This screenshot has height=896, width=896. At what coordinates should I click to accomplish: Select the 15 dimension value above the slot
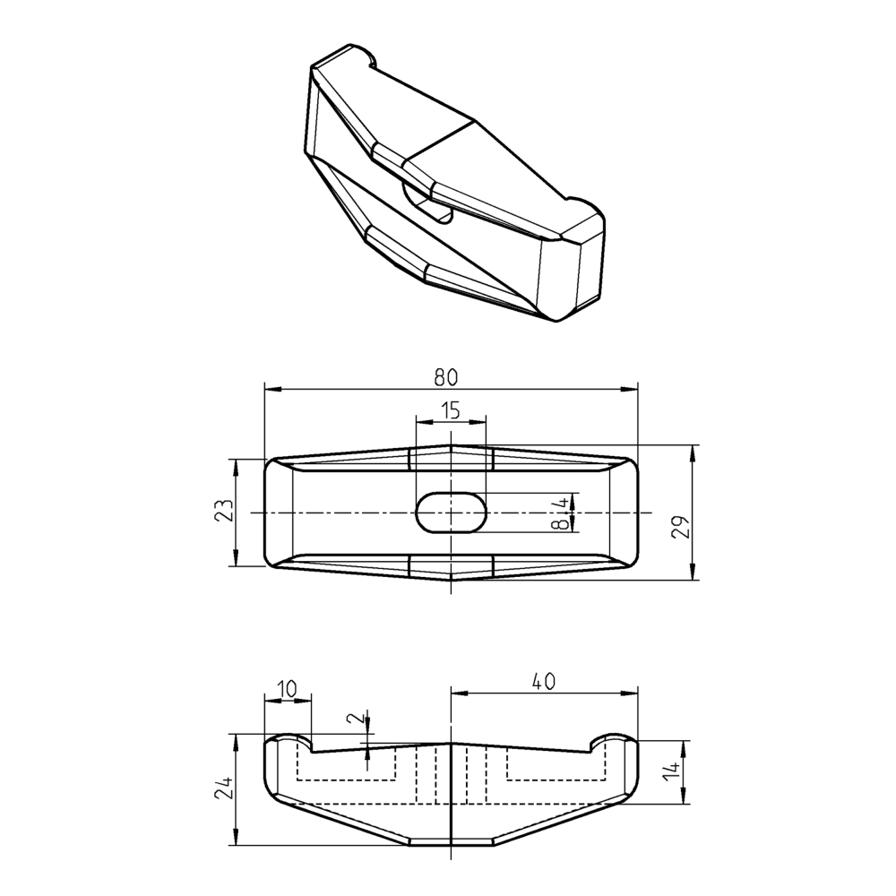point(450,410)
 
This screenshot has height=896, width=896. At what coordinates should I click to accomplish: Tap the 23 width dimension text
point(225,512)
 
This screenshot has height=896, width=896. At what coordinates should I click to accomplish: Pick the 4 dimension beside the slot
point(561,503)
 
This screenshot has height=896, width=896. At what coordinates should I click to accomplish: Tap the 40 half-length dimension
point(543,681)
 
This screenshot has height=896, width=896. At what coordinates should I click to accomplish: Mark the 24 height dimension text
point(225,788)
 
